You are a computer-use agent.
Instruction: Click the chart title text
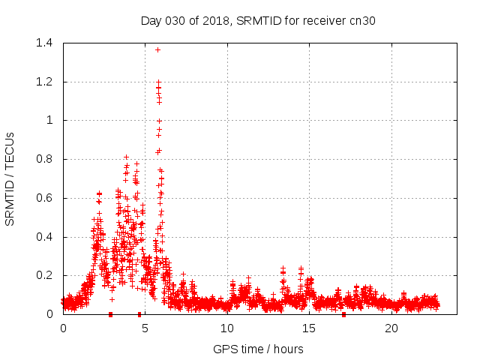[258, 20]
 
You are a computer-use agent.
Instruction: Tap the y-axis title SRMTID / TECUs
[10, 178]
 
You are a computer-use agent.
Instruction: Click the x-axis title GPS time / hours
[258, 349]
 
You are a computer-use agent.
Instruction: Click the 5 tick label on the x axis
[145, 328]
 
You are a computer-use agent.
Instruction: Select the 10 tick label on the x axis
[227, 328]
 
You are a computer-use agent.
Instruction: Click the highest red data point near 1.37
[157, 49]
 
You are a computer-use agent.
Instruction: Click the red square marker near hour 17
[343, 314]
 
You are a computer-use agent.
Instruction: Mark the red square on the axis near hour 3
[111, 314]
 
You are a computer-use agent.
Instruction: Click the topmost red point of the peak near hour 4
[126, 157]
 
